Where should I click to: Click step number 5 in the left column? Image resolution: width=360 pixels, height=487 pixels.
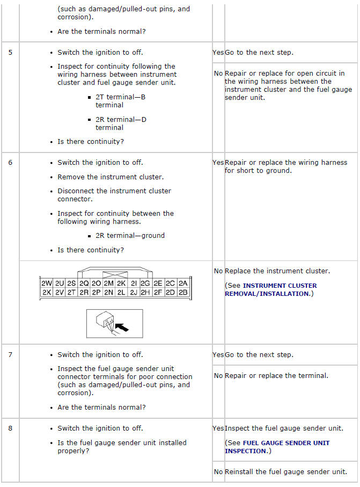coord(10,53)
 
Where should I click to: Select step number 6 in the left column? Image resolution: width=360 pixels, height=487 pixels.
coord(10,162)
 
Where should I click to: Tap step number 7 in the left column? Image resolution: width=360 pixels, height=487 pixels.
coord(10,354)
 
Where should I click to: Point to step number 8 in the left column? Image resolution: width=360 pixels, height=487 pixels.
coord(10,428)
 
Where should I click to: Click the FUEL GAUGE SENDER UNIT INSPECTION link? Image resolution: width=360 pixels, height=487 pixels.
coord(277,447)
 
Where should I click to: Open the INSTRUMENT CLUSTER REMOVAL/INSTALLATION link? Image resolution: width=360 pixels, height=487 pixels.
coord(271,289)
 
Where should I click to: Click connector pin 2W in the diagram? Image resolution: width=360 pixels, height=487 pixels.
coord(47,283)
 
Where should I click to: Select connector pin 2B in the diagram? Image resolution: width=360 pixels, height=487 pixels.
coord(183,293)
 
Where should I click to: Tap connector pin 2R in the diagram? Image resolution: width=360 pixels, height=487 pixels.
coord(84,293)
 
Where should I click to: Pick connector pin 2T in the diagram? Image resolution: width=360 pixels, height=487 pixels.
coord(71,293)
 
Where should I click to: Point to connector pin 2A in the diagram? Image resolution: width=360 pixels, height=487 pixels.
coord(183,283)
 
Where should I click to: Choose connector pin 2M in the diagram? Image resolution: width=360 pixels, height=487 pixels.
coord(109,283)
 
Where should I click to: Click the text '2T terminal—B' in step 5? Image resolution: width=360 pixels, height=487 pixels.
coord(121,97)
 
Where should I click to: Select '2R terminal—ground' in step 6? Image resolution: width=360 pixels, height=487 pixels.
coord(130,235)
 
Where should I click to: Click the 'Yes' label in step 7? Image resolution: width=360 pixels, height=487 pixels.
coord(218,354)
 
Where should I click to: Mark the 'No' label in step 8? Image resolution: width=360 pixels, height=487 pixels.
coord(218,471)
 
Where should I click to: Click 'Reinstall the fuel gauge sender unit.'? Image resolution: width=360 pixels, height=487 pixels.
coord(286,471)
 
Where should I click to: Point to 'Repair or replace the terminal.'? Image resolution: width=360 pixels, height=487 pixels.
coord(276,375)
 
